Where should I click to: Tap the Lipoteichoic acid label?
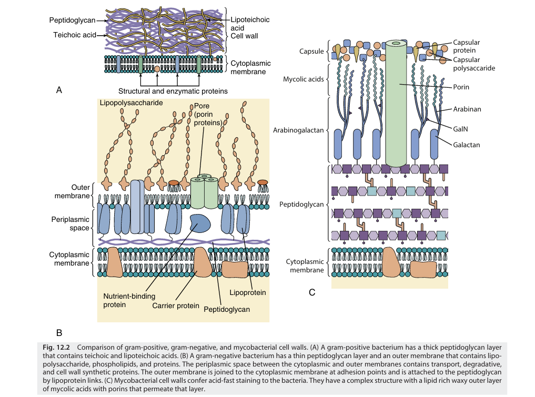coord(250,24)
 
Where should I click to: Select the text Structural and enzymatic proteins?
coord(173,91)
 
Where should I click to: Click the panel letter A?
coord(60,90)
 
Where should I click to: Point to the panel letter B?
coord(59,332)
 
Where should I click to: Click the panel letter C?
coord(312,292)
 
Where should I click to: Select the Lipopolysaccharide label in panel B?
coord(131,103)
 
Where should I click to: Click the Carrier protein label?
coord(176,306)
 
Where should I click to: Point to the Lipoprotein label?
coord(248,292)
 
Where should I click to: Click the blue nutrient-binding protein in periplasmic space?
coord(199,224)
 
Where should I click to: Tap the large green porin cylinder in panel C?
coord(400,105)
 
